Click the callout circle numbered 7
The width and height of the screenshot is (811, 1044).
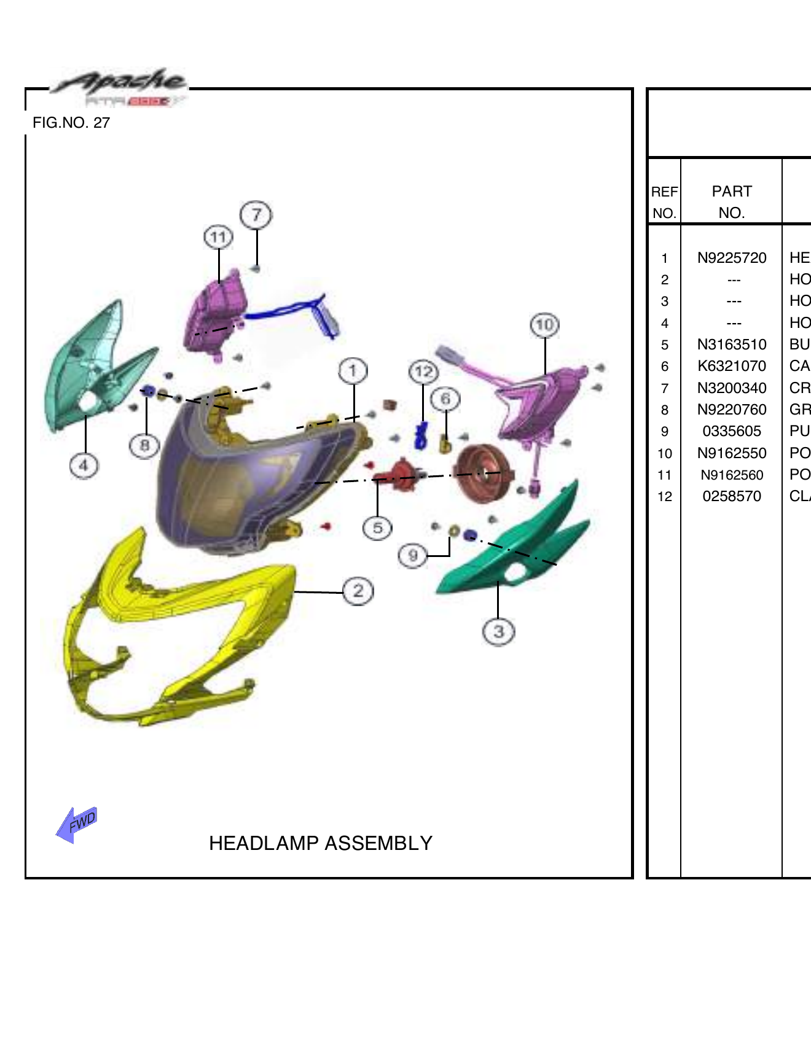pos(256,215)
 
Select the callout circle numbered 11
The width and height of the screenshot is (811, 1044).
pos(218,237)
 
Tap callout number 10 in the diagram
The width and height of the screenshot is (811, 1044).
pos(544,325)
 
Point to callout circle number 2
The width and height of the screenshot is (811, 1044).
pos(358,591)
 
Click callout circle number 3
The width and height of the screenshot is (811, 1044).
pos(498,631)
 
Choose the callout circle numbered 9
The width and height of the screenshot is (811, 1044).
pos(412,556)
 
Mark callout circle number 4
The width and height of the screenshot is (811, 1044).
pos(84,465)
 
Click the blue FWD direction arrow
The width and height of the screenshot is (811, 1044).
pos(76,824)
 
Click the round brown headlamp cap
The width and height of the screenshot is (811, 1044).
pos(483,473)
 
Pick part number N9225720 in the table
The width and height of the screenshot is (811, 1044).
pos(731,258)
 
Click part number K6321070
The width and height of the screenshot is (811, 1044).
pos(731,366)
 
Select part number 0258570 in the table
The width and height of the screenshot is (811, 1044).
pos(731,496)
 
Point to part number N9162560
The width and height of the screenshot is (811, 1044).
pos(731,475)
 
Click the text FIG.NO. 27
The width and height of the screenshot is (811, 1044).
pos(71,123)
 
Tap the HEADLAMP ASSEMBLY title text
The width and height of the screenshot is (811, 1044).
pos(320,843)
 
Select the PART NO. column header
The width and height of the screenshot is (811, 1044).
pos(731,201)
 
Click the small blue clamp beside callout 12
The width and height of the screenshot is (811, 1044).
pos(421,435)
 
